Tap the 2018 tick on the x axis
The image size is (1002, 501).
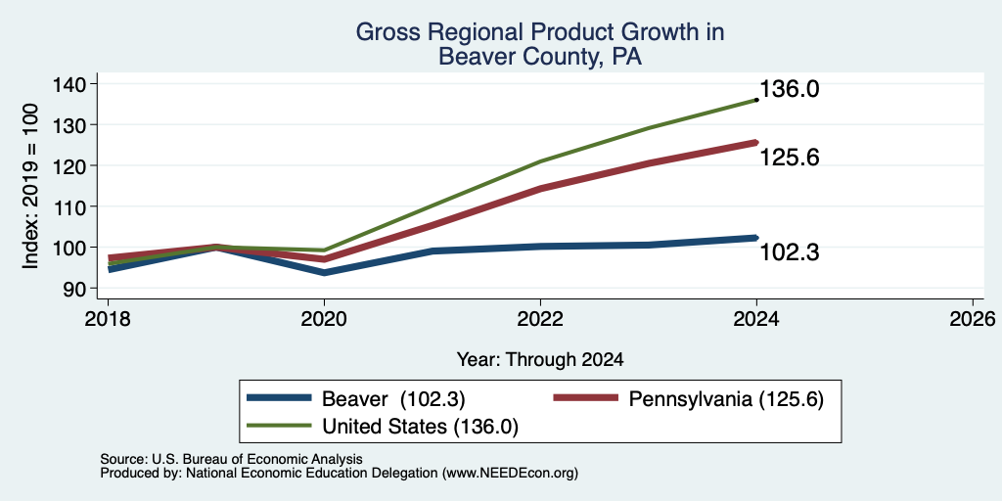[x=108, y=319]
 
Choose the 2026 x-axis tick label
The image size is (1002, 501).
[x=973, y=319]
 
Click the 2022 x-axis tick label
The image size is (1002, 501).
[x=540, y=319]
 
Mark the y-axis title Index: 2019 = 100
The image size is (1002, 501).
[x=30, y=186]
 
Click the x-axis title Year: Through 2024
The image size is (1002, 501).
[x=540, y=360]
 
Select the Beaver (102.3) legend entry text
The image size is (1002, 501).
[x=393, y=399]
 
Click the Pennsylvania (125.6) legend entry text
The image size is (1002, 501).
[x=727, y=399]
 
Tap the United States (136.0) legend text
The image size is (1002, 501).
[x=420, y=427]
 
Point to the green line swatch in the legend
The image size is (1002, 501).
[x=279, y=426]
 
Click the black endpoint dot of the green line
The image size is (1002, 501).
[x=756, y=100]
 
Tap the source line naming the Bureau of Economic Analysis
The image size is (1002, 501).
[x=231, y=459]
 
